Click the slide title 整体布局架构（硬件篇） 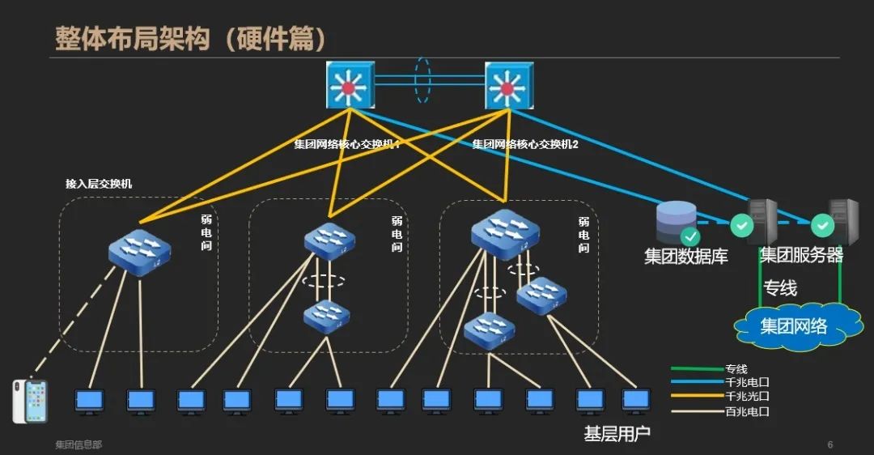click(191, 38)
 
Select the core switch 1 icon click(350, 85)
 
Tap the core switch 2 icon click(507, 85)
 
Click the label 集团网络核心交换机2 click(525, 144)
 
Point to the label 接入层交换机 click(99, 184)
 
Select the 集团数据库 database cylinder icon click(675, 220)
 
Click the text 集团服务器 click(801, 256)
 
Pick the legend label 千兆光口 click(747, 397)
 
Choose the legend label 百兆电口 click(747, 411)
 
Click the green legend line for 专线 click(697, 369)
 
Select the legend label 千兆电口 click(747, 383)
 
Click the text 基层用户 click(617, 434)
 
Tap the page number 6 click(829, 444)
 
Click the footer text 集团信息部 click(78, 444)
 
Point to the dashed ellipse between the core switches click(422, 79)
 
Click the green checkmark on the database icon click(690, 236)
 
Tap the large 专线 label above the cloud click(781, 288)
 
